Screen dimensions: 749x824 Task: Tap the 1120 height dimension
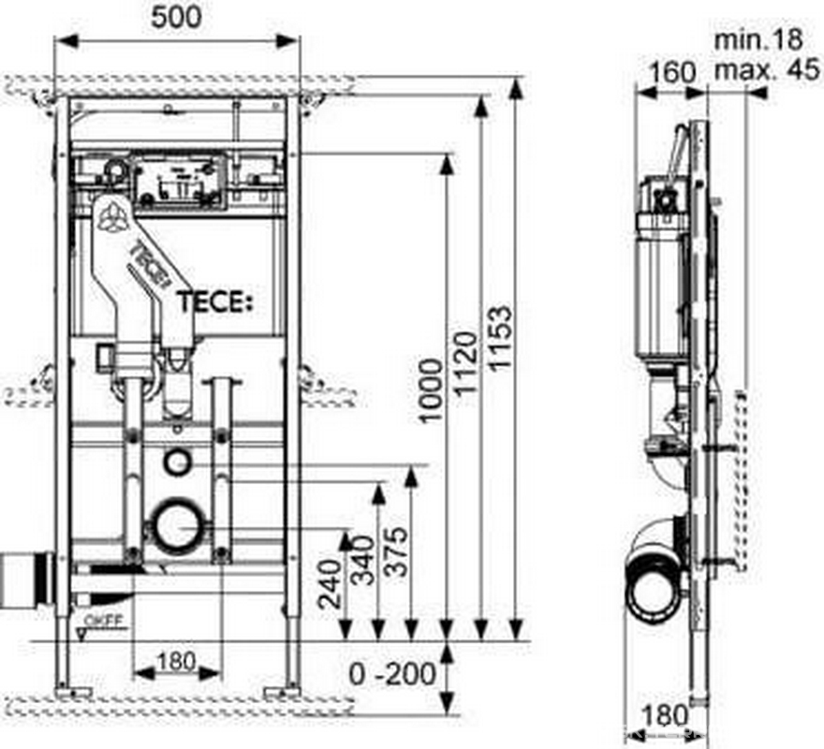tap(467, 365)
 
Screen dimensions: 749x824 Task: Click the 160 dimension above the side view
tap(673, 71)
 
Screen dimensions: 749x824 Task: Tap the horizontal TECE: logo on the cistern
tap(215, 301)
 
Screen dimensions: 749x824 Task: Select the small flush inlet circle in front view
tap(176, 461)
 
